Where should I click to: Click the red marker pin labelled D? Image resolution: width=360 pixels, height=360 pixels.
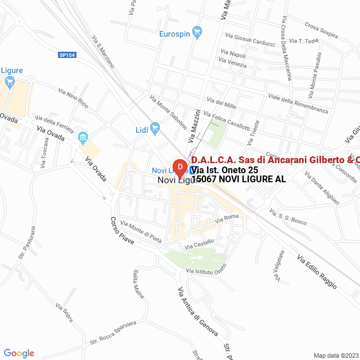(179, 167)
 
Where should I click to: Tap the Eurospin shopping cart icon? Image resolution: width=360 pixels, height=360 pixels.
(197, 33)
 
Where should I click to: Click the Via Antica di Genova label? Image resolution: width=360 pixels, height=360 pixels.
(197, 312)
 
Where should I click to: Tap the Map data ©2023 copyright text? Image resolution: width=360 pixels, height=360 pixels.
(335, 355)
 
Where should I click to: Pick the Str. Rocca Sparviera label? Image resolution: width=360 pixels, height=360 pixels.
(113, 333)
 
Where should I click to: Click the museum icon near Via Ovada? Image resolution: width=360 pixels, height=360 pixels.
(83, 137)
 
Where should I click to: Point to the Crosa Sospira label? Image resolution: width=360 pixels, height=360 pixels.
(321, 30)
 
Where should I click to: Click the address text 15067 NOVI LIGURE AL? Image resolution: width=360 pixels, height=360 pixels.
(238, 179)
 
